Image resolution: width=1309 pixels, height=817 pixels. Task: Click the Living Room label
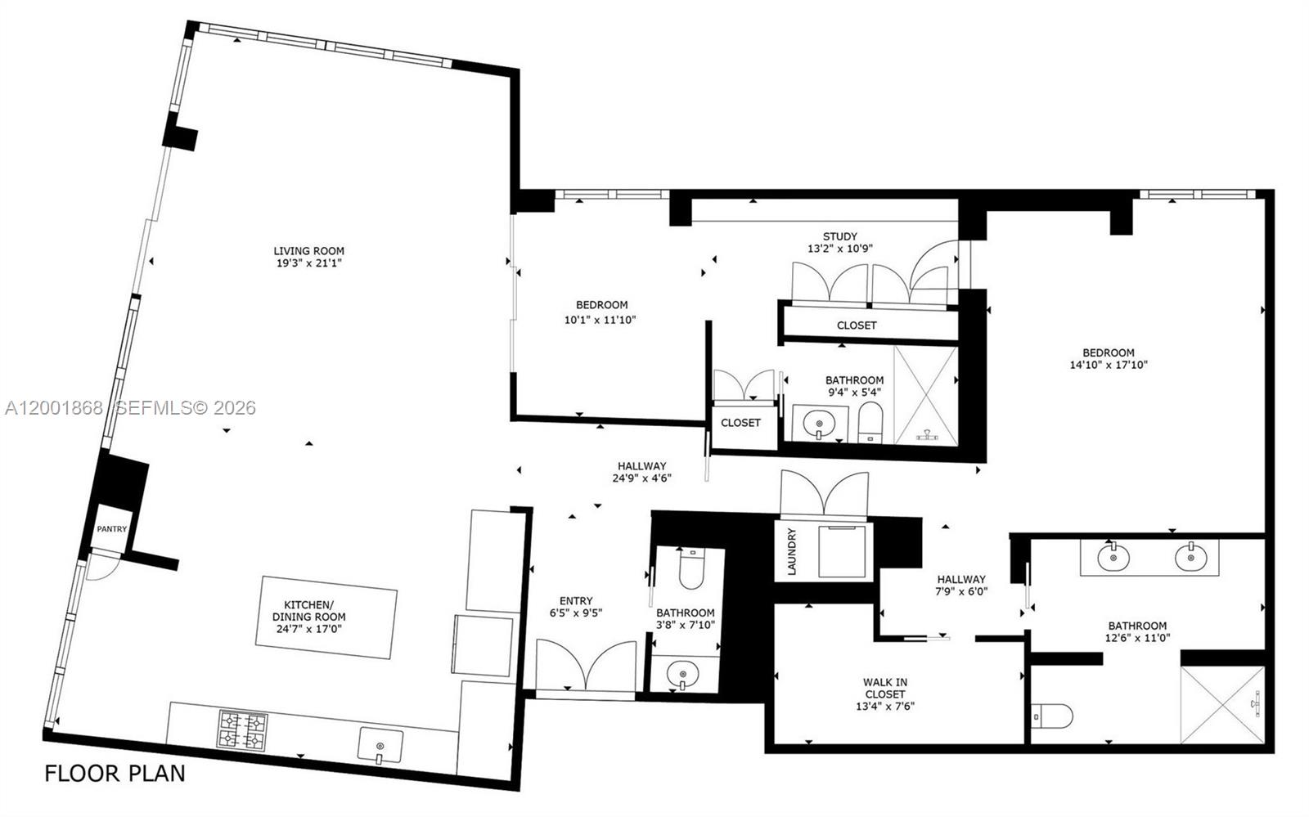[308, 251]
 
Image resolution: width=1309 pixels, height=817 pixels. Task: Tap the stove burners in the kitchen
[242, 729]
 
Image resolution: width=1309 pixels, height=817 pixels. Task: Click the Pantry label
[112, 529]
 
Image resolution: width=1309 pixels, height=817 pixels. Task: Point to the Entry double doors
[586, 666]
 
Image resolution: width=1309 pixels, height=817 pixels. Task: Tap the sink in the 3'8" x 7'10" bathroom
[682, 675]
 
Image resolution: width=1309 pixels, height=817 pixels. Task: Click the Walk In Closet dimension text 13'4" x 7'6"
[884, 706]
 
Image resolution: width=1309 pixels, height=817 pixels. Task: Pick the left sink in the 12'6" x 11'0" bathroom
[1112, 559]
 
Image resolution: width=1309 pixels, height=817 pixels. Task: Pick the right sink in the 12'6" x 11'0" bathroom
[1190, 559]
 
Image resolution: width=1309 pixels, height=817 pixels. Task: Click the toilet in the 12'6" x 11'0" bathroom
[1054, 716]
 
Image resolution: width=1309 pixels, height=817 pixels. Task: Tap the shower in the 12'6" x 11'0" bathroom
[1222, 704]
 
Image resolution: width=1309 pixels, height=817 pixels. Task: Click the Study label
[839, 236]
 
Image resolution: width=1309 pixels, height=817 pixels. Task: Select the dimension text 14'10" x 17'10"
[1109, 365]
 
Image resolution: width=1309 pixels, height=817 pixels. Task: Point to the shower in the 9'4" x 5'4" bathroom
[925, 396]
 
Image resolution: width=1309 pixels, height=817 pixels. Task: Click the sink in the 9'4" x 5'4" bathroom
[819, 424]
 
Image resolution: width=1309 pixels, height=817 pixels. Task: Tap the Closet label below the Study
[857, 325]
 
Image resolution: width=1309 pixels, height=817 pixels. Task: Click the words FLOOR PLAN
[115, 773]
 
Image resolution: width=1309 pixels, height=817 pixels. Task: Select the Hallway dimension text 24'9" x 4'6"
[642, 478]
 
